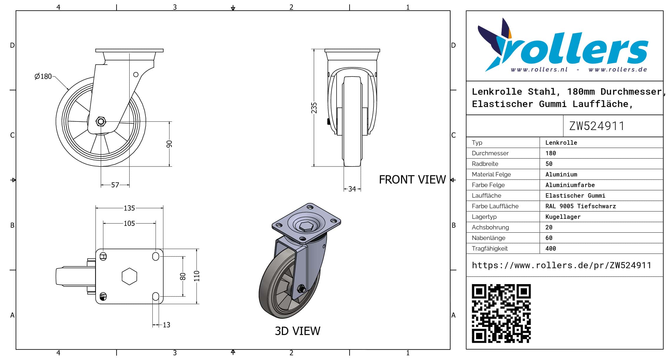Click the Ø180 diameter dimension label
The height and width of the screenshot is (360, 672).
[x=43, y=76]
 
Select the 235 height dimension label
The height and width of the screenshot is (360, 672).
[x=314, y=108]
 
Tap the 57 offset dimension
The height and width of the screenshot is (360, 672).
[x=115, y=185]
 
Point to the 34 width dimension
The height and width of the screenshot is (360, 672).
[x=352, y=189]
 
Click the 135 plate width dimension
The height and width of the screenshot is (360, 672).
[x=129, y=208]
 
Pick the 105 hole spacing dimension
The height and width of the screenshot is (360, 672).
[x=129, y=224]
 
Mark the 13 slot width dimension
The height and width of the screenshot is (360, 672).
[x=166, y=325]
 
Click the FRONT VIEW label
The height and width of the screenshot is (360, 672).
[x=412, y=180]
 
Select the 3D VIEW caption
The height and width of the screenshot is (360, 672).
[x=297, y=331]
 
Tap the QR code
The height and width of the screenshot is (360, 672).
[x=501, y=313]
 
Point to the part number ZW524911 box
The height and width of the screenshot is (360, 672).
[x=597, y=126]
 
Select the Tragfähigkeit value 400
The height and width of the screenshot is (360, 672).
[x=551, y=249]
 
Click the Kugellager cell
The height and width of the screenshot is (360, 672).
[x=563, y=217]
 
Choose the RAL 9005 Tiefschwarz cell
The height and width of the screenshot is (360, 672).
[x=580, y=206]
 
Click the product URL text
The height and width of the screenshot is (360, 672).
[x=561, y=265]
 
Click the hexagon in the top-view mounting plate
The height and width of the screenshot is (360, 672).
[x=129, y=276]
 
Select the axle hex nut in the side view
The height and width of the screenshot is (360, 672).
[x=101, y=121]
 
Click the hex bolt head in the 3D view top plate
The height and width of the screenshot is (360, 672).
[x=306, y=226]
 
